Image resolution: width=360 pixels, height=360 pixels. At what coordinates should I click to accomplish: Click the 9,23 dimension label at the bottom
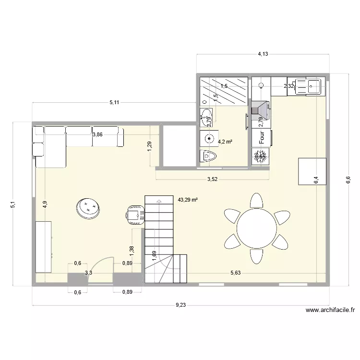click(x=181, y=304)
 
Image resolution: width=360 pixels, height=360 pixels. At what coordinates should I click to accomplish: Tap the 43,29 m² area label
click(x=188, y=199)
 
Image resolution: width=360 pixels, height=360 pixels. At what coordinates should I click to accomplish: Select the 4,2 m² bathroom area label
click(x=225, y=142)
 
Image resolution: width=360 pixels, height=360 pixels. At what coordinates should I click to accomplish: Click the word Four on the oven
click(x=262, y=137)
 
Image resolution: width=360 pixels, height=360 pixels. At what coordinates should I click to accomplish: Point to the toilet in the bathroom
click(x=208, y=156)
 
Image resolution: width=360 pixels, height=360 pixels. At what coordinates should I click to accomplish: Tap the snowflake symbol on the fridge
click(x=261, y=156)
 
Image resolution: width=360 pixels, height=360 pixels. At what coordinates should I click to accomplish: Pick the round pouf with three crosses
click(x=88, y=208)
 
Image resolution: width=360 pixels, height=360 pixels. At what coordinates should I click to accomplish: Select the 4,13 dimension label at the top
click(x=263, y=54)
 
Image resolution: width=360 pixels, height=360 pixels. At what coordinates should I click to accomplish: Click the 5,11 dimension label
click(x=114, y=102)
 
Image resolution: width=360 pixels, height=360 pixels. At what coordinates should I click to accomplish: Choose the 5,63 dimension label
click(x=235, y=273)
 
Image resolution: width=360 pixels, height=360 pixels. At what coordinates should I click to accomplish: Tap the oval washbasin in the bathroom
click(x=207, y=116)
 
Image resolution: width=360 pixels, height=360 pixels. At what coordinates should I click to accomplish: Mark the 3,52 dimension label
click(x=212, y=180)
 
